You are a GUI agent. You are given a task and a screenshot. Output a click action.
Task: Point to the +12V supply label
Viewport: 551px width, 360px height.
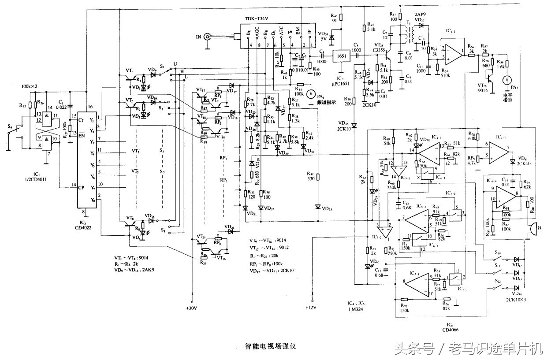point(312,307)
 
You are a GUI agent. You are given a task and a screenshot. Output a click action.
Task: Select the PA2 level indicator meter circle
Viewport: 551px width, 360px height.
point(507,80)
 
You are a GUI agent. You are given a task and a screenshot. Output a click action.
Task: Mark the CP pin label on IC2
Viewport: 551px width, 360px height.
point(82,187)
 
